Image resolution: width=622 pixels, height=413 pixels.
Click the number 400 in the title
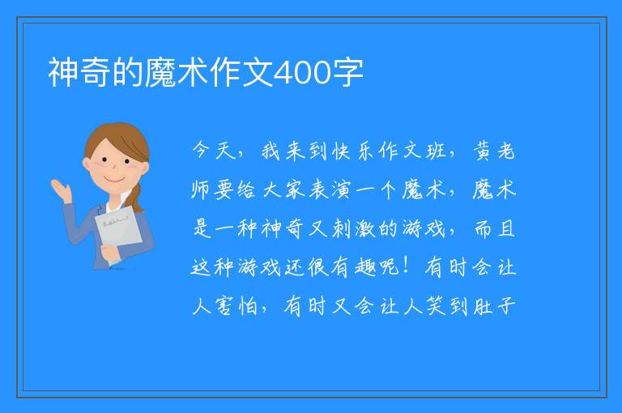(302, 73)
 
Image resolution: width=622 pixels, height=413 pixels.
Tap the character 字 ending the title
(348, 73)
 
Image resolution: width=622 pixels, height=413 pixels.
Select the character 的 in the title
(128, 73)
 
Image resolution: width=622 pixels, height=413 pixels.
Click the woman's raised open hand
(61, 189)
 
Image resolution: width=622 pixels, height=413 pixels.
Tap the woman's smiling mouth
(114, 180)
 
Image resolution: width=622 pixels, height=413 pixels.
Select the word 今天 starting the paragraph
(214, 151)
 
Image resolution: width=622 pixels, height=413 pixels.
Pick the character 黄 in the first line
(483, 151)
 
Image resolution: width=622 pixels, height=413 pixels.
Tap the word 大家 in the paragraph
(284, 189)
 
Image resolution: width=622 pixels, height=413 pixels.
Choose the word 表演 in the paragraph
(330, 189)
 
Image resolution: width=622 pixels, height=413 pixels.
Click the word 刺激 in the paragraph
(353, 229)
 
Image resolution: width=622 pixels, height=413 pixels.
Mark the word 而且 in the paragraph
(495, 229)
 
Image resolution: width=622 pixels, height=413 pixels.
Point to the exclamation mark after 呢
(406, 266)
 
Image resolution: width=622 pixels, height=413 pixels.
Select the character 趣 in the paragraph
(365, 267)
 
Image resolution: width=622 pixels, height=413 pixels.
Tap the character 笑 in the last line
(437, 306)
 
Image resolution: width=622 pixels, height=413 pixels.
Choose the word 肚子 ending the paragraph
(495, 306)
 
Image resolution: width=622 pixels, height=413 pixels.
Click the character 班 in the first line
(436, 151)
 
